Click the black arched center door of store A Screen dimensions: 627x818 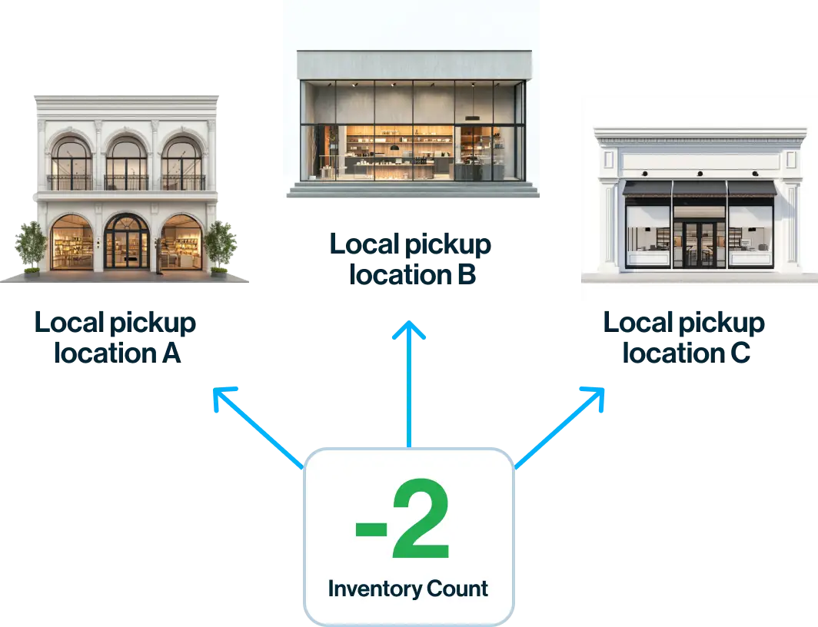pos(126,244)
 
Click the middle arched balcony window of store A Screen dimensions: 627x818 pos(126,163)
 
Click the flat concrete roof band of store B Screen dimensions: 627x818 pos(414,65)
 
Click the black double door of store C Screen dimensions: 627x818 pos(699,244)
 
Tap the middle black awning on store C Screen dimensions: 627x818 pos(699,189)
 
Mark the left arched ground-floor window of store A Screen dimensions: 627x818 pos(71,244)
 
